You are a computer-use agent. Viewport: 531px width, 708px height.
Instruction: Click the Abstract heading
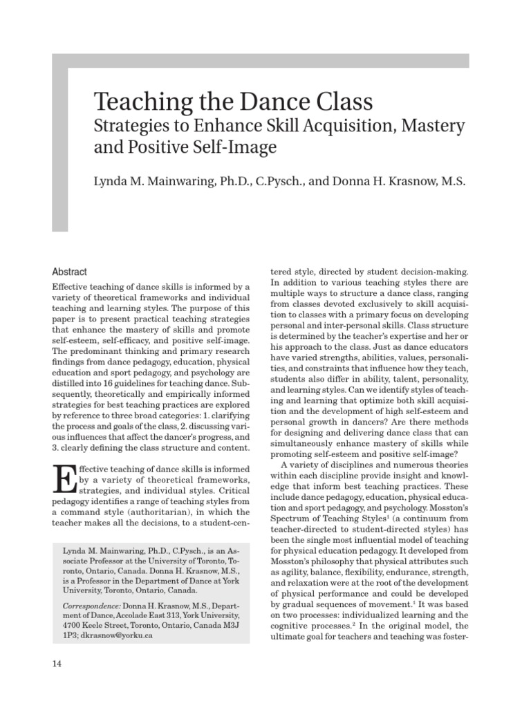pos(70,272)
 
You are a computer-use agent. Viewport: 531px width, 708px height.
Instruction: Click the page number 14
pos(57,664)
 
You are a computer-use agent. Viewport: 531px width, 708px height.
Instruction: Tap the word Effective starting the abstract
pos(71,286)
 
